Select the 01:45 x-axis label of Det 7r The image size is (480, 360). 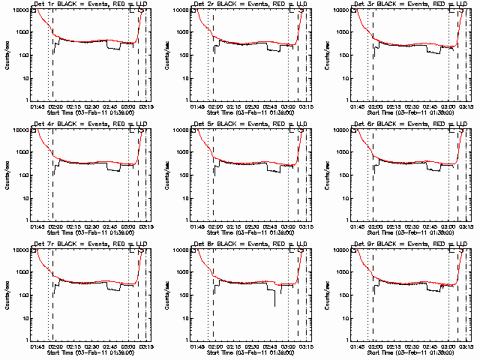pyautogui.click(x=37, y=347)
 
